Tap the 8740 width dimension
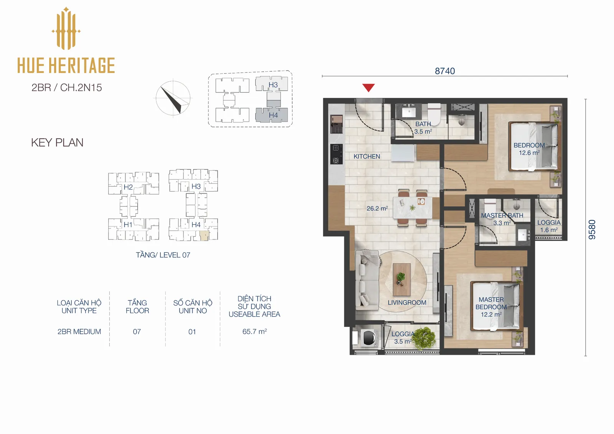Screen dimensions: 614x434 [445, 71]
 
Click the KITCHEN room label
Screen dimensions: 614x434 [367, 156]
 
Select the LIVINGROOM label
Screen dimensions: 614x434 [407, 302]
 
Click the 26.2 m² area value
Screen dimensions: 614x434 [377, 208]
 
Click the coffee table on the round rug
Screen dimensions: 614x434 [401, 280]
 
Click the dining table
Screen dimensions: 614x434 [413, 208]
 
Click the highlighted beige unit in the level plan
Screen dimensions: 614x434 [204, 236]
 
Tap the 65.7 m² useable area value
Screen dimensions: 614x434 [254, 332]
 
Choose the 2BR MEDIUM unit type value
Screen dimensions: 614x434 [79, 332]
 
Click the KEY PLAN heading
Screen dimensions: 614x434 [57, 143]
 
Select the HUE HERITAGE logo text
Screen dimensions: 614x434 [66, 65]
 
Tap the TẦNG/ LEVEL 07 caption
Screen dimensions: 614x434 [163, 255]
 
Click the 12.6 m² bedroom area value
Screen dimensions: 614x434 [529, 153]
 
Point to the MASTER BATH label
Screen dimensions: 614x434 [502, 216]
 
